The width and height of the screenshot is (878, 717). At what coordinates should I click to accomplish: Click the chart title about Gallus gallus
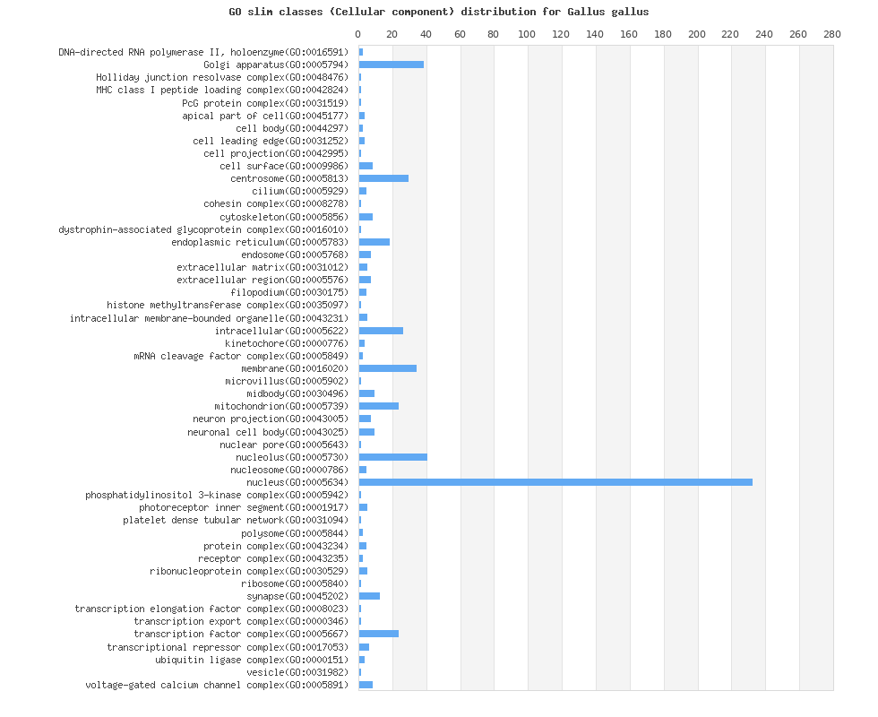tap(439, 12)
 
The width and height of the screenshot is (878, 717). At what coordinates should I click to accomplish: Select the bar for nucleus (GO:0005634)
tap(555, 482)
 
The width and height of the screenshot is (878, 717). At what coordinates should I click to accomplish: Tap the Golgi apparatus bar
tap(392, 65)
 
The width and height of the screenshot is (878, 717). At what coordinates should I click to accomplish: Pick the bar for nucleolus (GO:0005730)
tap(393, 457)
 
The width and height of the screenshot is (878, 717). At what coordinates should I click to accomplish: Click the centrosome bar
tap(383, 178)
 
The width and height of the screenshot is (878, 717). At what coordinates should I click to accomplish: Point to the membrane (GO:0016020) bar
tap(388, 368)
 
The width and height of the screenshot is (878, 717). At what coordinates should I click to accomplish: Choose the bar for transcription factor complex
tap(379, 634)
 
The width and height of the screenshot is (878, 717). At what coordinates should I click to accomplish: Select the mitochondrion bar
tap(379, 406)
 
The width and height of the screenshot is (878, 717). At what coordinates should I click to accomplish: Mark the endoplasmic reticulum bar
tap(374, 242)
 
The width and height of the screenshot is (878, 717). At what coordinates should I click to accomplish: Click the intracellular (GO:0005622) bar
tap(381, 331)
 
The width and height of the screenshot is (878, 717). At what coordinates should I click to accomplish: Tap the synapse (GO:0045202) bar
tap(369, 596)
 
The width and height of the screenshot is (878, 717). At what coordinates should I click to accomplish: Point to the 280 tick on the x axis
tap(832, 34)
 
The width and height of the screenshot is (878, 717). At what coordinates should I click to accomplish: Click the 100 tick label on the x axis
tap(528, 34)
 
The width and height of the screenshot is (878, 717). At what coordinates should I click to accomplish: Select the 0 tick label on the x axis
tap(358, 34)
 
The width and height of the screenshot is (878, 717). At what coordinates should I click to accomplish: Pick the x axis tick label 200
tap(697, 34)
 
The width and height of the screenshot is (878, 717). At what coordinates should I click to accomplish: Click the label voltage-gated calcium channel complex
tap(216, 685)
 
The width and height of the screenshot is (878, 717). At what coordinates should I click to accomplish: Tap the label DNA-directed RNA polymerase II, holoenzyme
tap(202, 52)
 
